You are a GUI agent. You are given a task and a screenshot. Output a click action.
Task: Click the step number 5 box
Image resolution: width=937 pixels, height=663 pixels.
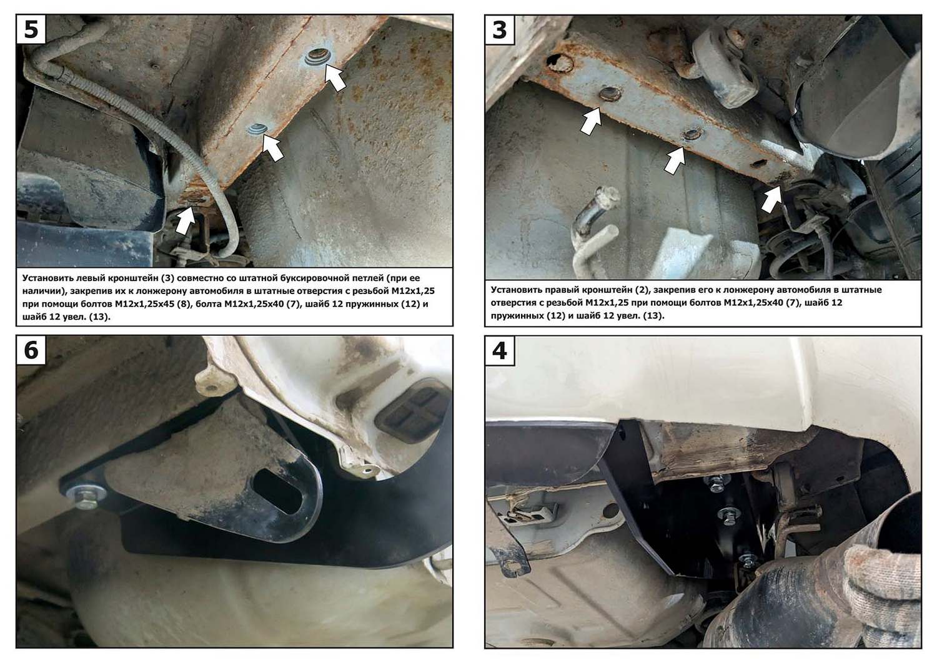[31, 29]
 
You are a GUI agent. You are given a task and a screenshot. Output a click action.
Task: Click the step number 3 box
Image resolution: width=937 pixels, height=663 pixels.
[500, 30]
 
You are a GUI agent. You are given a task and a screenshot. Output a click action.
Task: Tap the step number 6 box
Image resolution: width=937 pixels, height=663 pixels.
[31, 350]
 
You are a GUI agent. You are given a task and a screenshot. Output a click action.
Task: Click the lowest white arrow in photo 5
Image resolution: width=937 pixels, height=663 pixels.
[185, 220]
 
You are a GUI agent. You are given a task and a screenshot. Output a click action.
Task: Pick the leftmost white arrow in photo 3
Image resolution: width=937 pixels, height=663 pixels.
[591, 121]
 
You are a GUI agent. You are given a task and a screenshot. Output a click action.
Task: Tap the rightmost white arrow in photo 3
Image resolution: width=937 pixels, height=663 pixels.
[771, 199]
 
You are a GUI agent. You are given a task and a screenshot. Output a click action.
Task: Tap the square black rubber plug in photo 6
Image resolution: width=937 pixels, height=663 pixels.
[412, 411]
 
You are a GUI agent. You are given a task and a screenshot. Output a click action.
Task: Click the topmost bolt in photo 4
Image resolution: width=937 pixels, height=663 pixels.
[715, 481]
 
